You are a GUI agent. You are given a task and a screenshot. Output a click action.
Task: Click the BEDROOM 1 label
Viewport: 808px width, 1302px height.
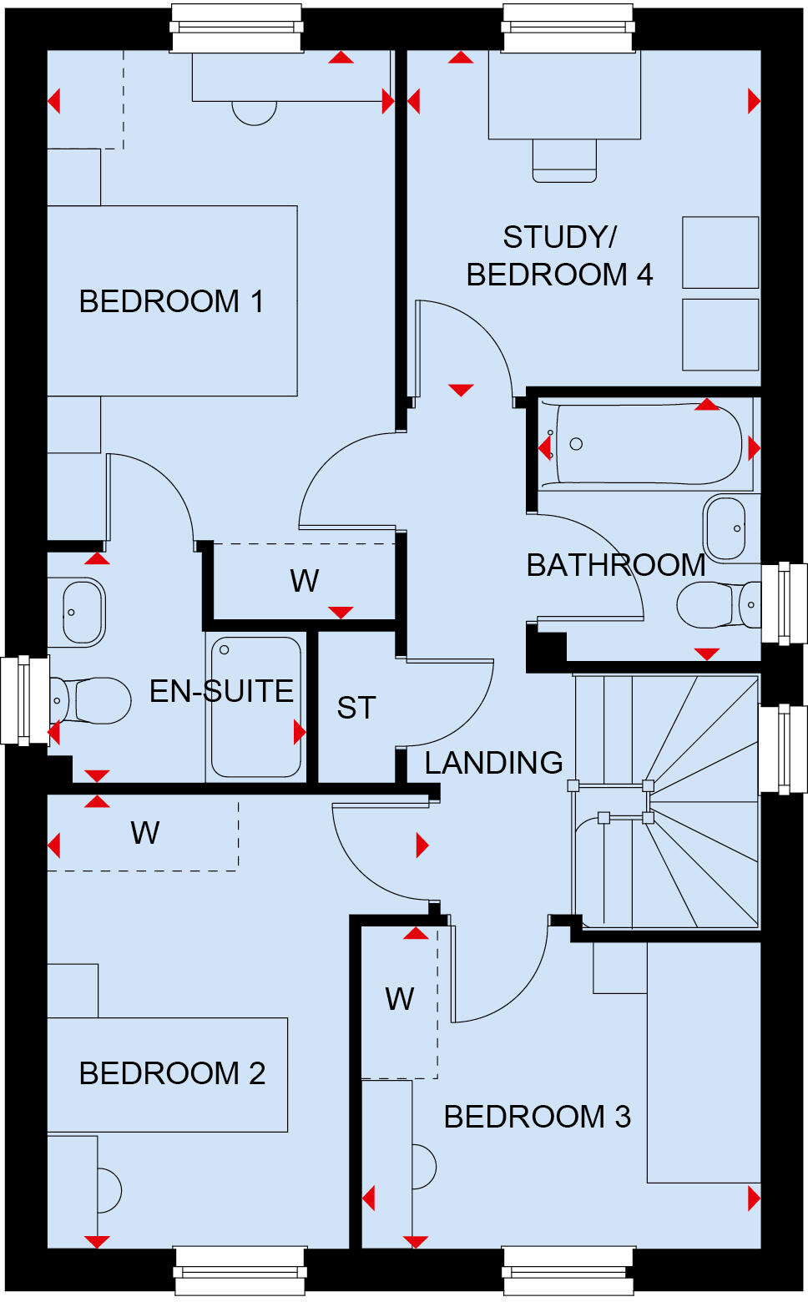(x=171, y=301)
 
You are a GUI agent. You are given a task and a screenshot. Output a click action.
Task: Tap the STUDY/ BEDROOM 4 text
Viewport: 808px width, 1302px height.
(x=559, y=255)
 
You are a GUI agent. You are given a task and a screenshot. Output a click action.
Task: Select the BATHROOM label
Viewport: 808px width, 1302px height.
(x=615, y=565)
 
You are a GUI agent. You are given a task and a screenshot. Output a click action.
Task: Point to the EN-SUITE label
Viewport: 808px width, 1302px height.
(x=221, y=691)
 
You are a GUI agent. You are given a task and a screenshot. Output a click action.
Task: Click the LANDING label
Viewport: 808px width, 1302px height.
(x=493, y=763)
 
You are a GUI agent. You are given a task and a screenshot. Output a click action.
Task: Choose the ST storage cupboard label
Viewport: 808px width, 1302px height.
(x=356, y=708)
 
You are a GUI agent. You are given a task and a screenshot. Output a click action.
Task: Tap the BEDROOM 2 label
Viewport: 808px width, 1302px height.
(x=172, y=1073)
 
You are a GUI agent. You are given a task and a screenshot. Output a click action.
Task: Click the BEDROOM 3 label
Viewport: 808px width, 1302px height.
(x=537, y=1117)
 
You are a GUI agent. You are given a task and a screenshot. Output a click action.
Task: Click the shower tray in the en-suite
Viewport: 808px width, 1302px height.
(x=255, y=708)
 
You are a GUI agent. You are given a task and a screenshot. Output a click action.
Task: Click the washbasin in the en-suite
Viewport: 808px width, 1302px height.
(x=83, y=612)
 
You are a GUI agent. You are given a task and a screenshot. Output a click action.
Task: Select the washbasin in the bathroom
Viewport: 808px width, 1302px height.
(x=725, y=528)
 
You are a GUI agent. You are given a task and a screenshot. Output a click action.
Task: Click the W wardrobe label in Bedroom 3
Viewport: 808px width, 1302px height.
(x=400, y=999)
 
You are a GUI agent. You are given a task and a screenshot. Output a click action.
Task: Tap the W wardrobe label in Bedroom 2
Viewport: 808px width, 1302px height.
(x=145, y=833)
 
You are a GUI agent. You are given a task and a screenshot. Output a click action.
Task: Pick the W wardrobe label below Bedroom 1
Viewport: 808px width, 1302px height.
(x=305, y=581)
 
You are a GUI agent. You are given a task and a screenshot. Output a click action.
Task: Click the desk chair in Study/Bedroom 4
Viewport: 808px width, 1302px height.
(x=564, y=160)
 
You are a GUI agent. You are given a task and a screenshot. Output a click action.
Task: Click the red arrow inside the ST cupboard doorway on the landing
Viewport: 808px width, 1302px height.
(x=422, y=845)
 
